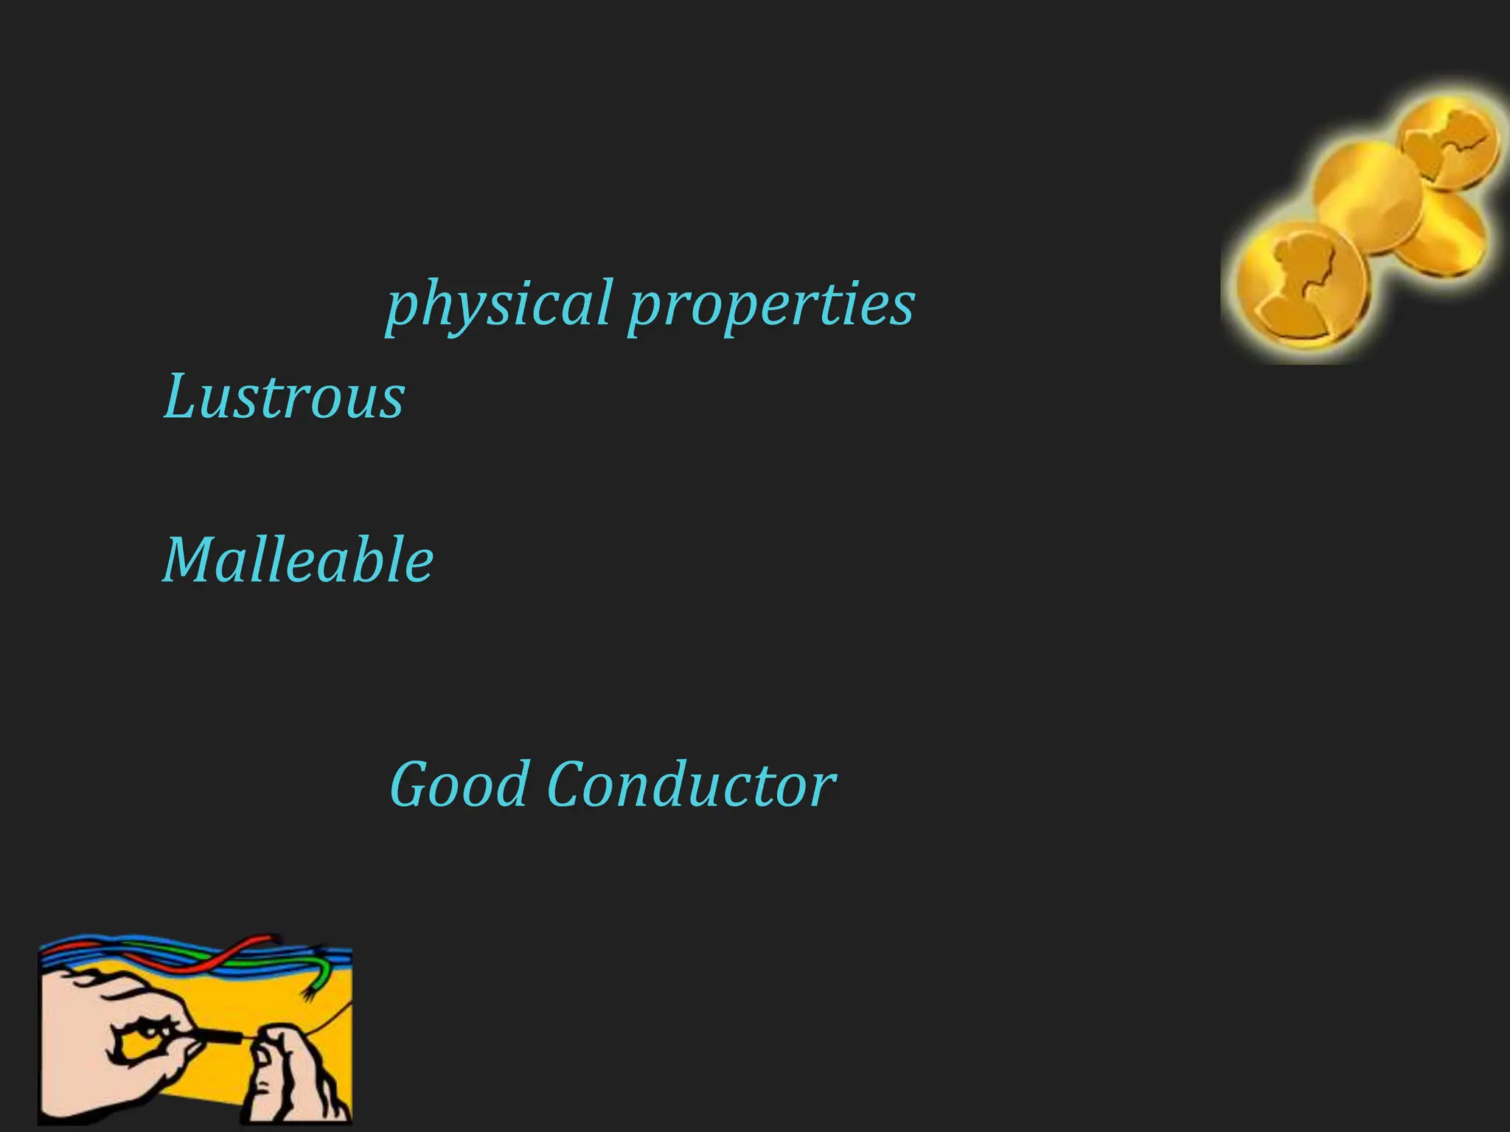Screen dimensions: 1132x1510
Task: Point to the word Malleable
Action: [x=297, y=560]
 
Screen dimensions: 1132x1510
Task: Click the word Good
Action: [x=459, y=784]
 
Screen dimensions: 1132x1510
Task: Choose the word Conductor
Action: [x=691, y=784]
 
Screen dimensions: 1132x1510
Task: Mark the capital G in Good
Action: [x=409, y=784]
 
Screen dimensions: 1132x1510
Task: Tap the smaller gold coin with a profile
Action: [x=1449, y=144]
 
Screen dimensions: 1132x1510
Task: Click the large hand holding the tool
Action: [x=111, y=1032]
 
